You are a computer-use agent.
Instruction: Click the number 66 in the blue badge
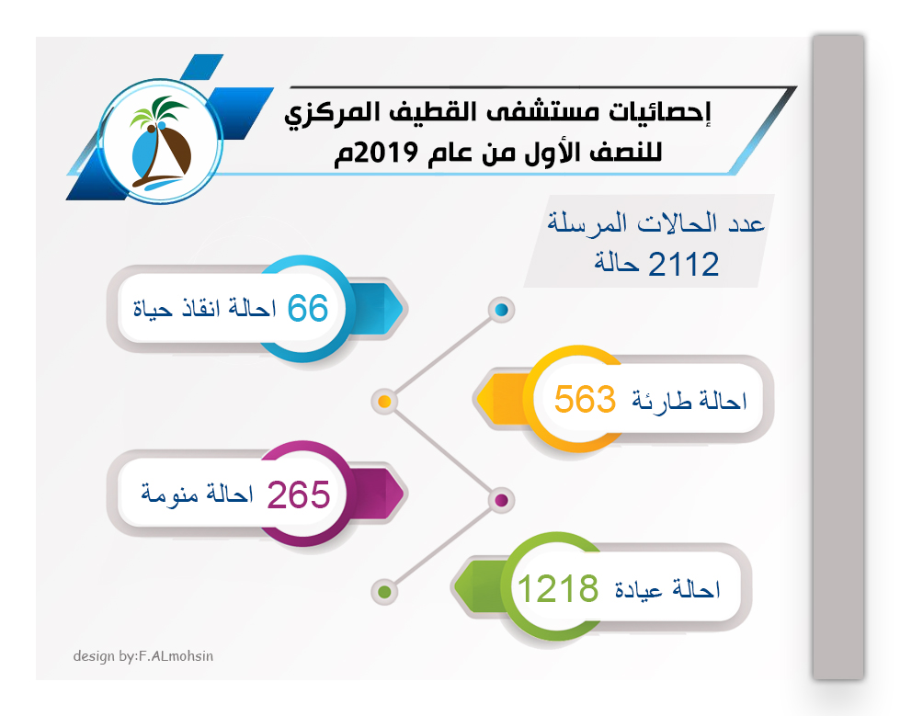point(308,308)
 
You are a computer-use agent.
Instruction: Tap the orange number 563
point(585,399)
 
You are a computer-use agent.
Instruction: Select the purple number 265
point(299,494)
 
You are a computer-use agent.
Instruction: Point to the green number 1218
point(558,588)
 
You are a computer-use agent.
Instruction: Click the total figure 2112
point(684,265)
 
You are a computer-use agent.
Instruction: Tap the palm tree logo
point(160,142)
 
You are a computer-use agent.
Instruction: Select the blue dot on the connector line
point(502,310)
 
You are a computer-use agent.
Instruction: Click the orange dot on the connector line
point(384,401)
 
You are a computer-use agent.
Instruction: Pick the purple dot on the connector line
point(502,500)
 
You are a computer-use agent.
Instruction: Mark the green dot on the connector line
point(384,592)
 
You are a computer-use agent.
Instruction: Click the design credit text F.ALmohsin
point(177,655)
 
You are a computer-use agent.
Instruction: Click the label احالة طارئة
point(689,401)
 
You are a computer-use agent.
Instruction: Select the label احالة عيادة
point(667,589)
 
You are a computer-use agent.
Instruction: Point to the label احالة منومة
point(197,494)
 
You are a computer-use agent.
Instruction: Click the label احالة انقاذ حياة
point(204,309)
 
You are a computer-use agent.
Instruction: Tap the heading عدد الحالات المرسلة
point(655,223)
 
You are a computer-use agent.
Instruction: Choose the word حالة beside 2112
point(617,264)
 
